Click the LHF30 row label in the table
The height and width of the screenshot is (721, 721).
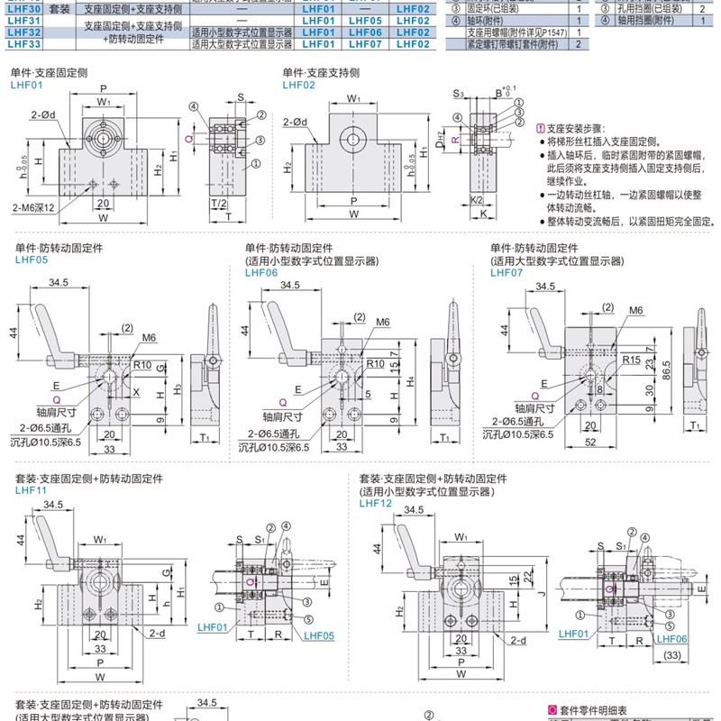[22, 8]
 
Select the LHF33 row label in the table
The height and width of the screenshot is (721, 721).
[22, 42]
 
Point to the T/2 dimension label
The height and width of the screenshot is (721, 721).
[219, 204]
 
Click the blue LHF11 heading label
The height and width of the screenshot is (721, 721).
[29, 490]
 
